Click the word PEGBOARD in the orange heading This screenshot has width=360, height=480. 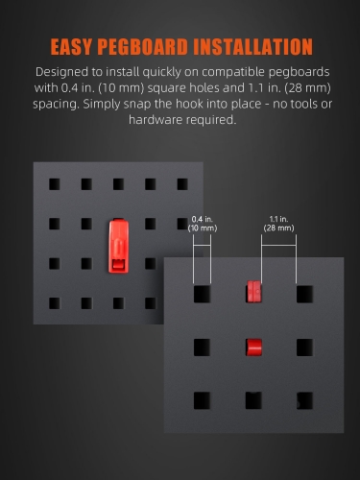[142, 47]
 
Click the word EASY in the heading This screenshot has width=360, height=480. [71, 47]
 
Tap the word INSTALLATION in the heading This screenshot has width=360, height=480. [252, 47]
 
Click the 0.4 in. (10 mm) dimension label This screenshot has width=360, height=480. [203, 224]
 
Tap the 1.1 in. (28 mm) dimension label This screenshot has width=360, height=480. [278, 224]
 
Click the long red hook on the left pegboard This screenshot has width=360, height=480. [119, 247]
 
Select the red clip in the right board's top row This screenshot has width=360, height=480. [254, 292]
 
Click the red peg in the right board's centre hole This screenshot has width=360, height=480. [254, 348]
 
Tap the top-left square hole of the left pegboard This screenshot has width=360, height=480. [55, 184]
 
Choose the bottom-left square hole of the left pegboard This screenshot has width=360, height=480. [55, 303]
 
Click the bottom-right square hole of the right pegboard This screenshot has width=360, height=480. [304, 400]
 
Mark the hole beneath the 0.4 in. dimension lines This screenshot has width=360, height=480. [203, 295]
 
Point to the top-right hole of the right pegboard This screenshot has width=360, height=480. [304, 295]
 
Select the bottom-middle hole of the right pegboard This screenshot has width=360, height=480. [253, 400]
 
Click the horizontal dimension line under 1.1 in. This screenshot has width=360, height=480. [278, 246]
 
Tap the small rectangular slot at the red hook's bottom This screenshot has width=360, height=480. [118, 264]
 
